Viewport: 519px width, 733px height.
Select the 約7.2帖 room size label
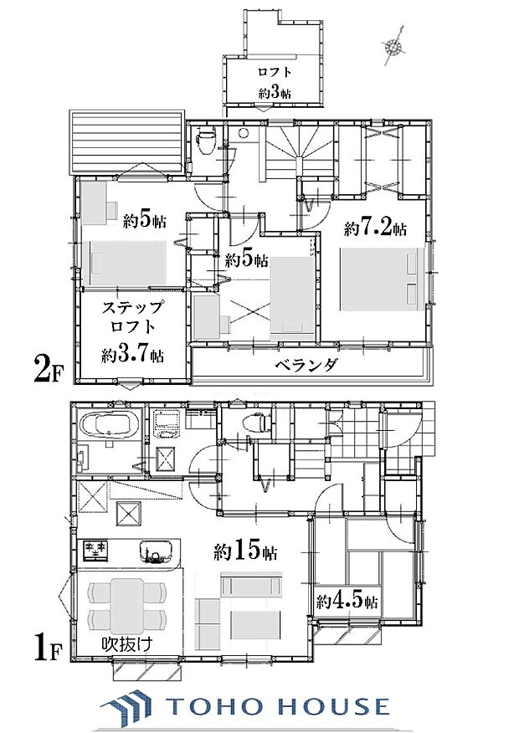(376, 228)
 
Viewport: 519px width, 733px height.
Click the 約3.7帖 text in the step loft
(133, 355)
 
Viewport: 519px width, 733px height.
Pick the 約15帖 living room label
(246, 551)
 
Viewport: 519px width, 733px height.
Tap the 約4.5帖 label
(347, 601)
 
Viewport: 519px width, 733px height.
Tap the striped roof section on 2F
(126, 143)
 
